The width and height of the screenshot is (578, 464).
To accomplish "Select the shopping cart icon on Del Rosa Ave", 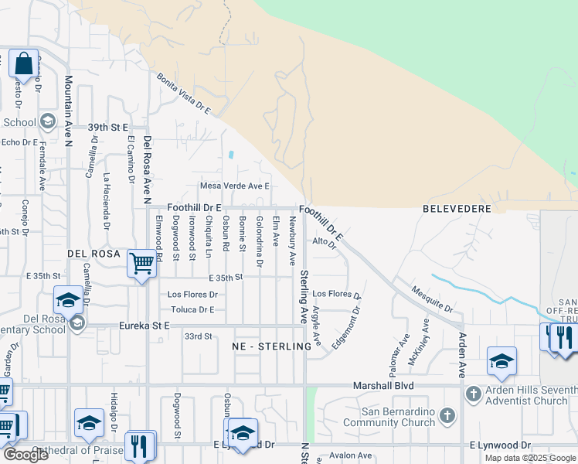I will click(142, 264).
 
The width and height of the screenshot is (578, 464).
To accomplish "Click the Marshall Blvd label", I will click(383, 385).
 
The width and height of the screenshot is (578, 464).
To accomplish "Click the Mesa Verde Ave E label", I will click(234, 186).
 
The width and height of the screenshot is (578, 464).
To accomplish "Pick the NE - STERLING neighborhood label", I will click(272, 347).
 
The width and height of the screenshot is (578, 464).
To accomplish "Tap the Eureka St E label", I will click(144, 326).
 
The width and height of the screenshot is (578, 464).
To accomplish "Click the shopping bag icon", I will click(23, 64).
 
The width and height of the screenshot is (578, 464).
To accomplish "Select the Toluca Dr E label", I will click(192, 309).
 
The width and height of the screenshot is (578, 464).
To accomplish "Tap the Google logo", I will click(25, 455).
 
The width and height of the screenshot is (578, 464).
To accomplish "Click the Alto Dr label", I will click(325, 242).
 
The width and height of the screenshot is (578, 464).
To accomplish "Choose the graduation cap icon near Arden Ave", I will click(501, 362).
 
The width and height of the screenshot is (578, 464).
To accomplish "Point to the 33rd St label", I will click(198, 336).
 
